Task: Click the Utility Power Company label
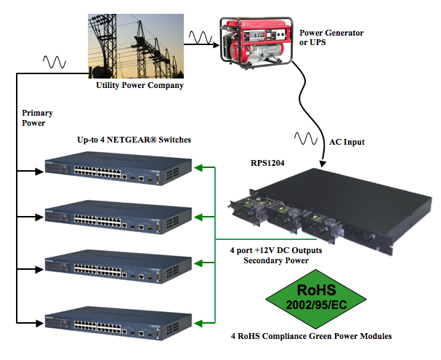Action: click(x=139, y=86)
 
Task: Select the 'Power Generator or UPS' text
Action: click(x=331, y=38)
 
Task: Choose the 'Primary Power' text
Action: click(x=38, y=119)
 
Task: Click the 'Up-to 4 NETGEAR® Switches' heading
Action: click(x=134, y=139)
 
